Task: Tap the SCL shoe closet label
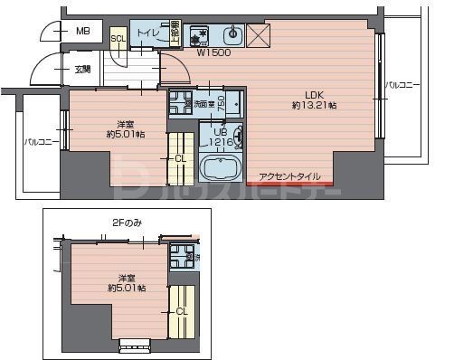coord(118,38)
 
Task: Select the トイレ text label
coord(149,34)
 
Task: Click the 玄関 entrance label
coord(82,69)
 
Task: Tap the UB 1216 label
coord(222,137)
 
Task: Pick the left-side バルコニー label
coord(42,142)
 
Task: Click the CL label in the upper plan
coord(182,158)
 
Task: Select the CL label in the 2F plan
coord(182,311)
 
